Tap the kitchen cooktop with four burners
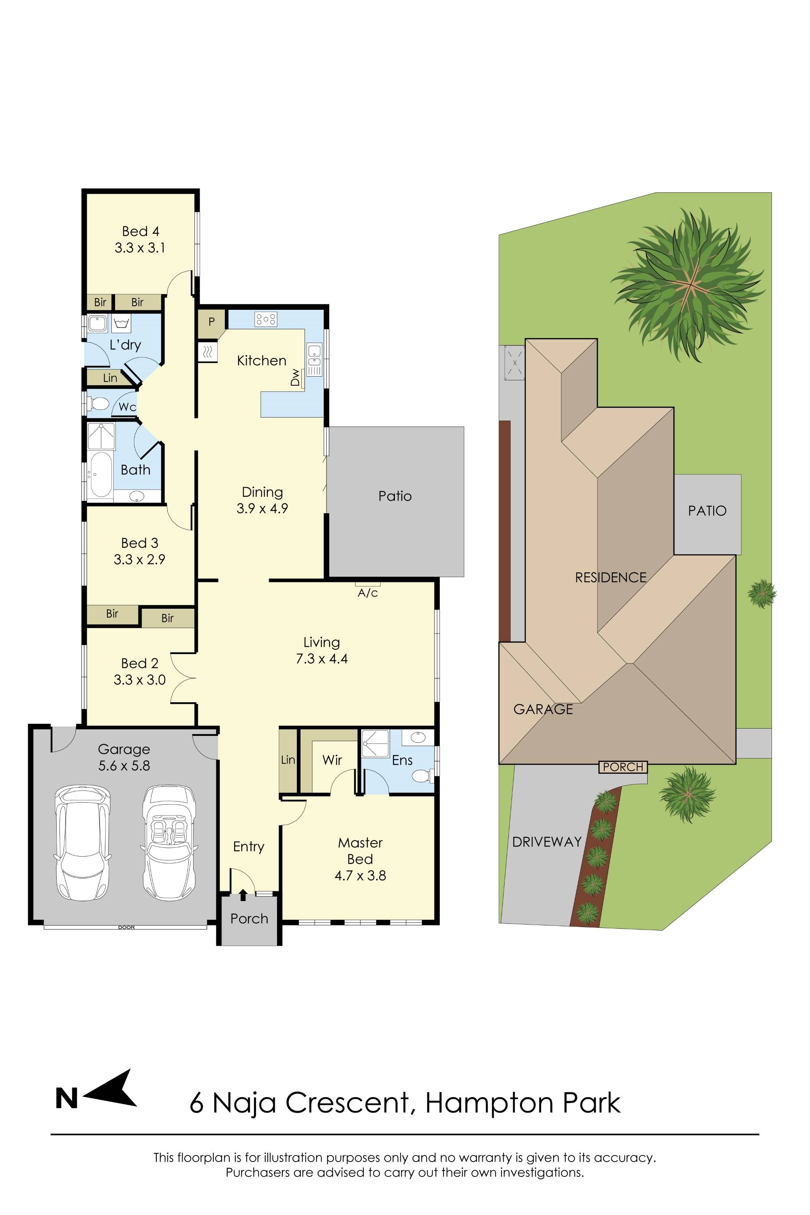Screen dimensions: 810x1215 click(266, 319)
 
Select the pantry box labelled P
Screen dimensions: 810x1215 click(212, 322)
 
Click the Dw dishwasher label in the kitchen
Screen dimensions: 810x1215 click(295, 377)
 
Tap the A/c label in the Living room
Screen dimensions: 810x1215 click(368, 593)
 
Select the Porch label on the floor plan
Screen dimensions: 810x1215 click(249, 919)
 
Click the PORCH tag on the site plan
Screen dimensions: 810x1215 click(623, 767)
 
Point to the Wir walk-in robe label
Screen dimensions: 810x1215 click(332, 760)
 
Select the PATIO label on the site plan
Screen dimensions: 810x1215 click(707, 511)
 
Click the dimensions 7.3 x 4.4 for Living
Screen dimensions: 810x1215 click(322, 659)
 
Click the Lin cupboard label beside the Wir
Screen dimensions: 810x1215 click(288, 760)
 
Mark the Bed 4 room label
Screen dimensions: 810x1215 click(141, 231)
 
